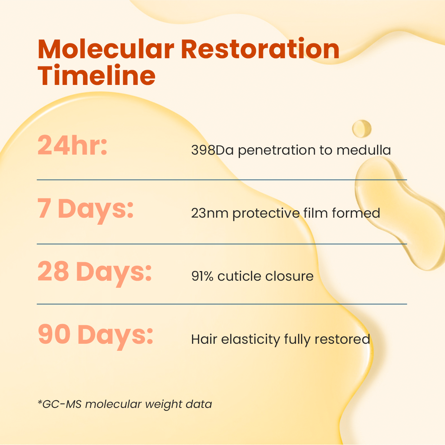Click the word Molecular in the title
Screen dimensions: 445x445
point(106,49)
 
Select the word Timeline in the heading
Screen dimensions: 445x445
point(96,75)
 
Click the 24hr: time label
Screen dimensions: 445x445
point(72,145)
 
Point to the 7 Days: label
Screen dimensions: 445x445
point(85,210)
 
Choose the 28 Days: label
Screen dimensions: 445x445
point(95,273)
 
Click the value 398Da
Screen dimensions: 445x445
point(212,150)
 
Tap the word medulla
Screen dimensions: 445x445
point(363,150)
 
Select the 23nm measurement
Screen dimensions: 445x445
point(210,213)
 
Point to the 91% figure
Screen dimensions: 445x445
point(202,276)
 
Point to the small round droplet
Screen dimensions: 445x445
point(362,129)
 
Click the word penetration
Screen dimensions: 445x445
point(277,151)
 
